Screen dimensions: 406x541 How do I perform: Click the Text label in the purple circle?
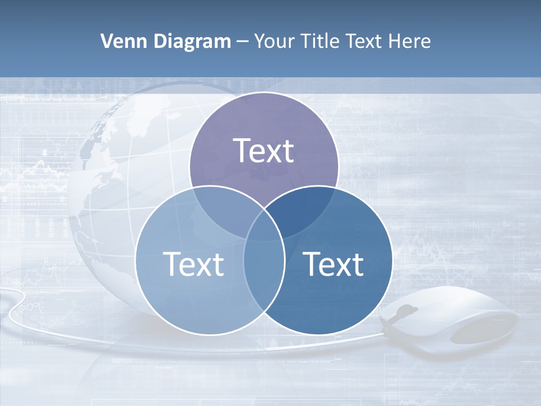264,151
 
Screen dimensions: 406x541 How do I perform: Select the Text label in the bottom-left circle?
193,264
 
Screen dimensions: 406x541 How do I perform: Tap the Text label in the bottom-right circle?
333,264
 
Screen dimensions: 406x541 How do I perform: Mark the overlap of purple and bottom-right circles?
307,209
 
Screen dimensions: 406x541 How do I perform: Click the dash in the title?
242,41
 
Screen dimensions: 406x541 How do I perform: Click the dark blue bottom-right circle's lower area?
327,310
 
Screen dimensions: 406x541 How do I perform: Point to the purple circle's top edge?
264,94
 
